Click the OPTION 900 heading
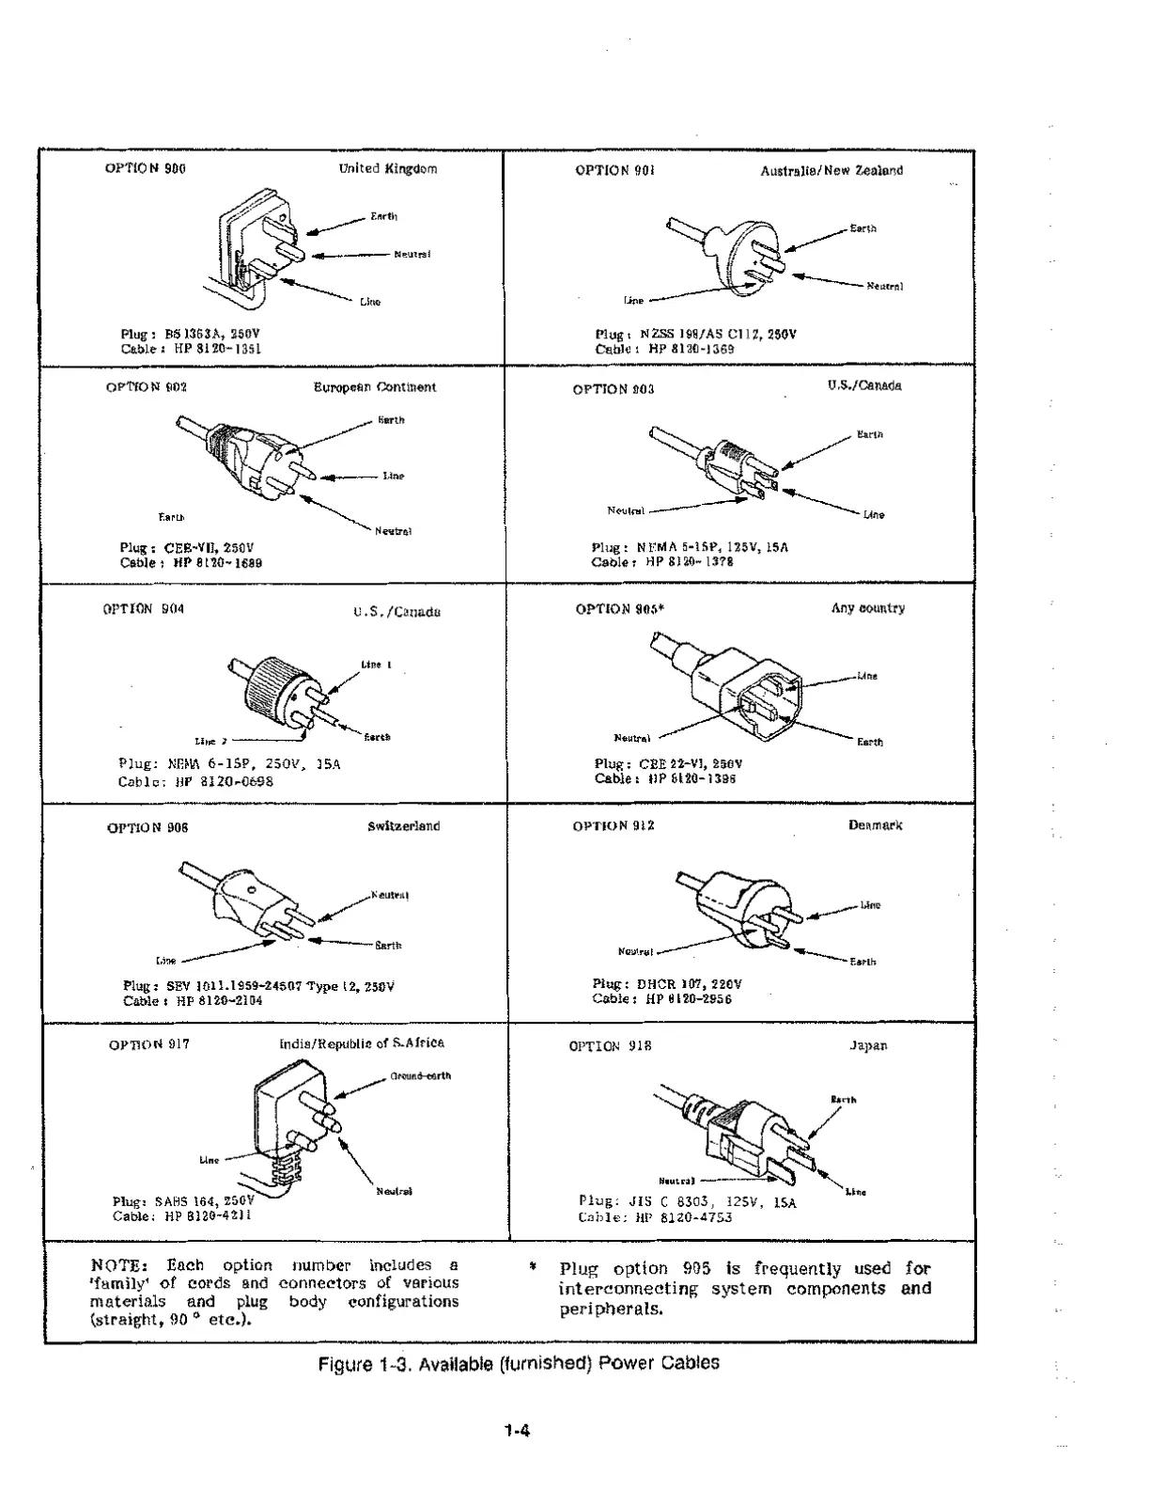point(145,169)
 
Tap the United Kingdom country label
point(387,169)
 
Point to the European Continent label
point(374,387)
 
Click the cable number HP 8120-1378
point(690,562)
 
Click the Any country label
point(867,608)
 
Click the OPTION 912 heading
point(613,826)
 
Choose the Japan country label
point(867,1045)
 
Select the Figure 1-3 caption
point(519,1363)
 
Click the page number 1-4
point(517,1433)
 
